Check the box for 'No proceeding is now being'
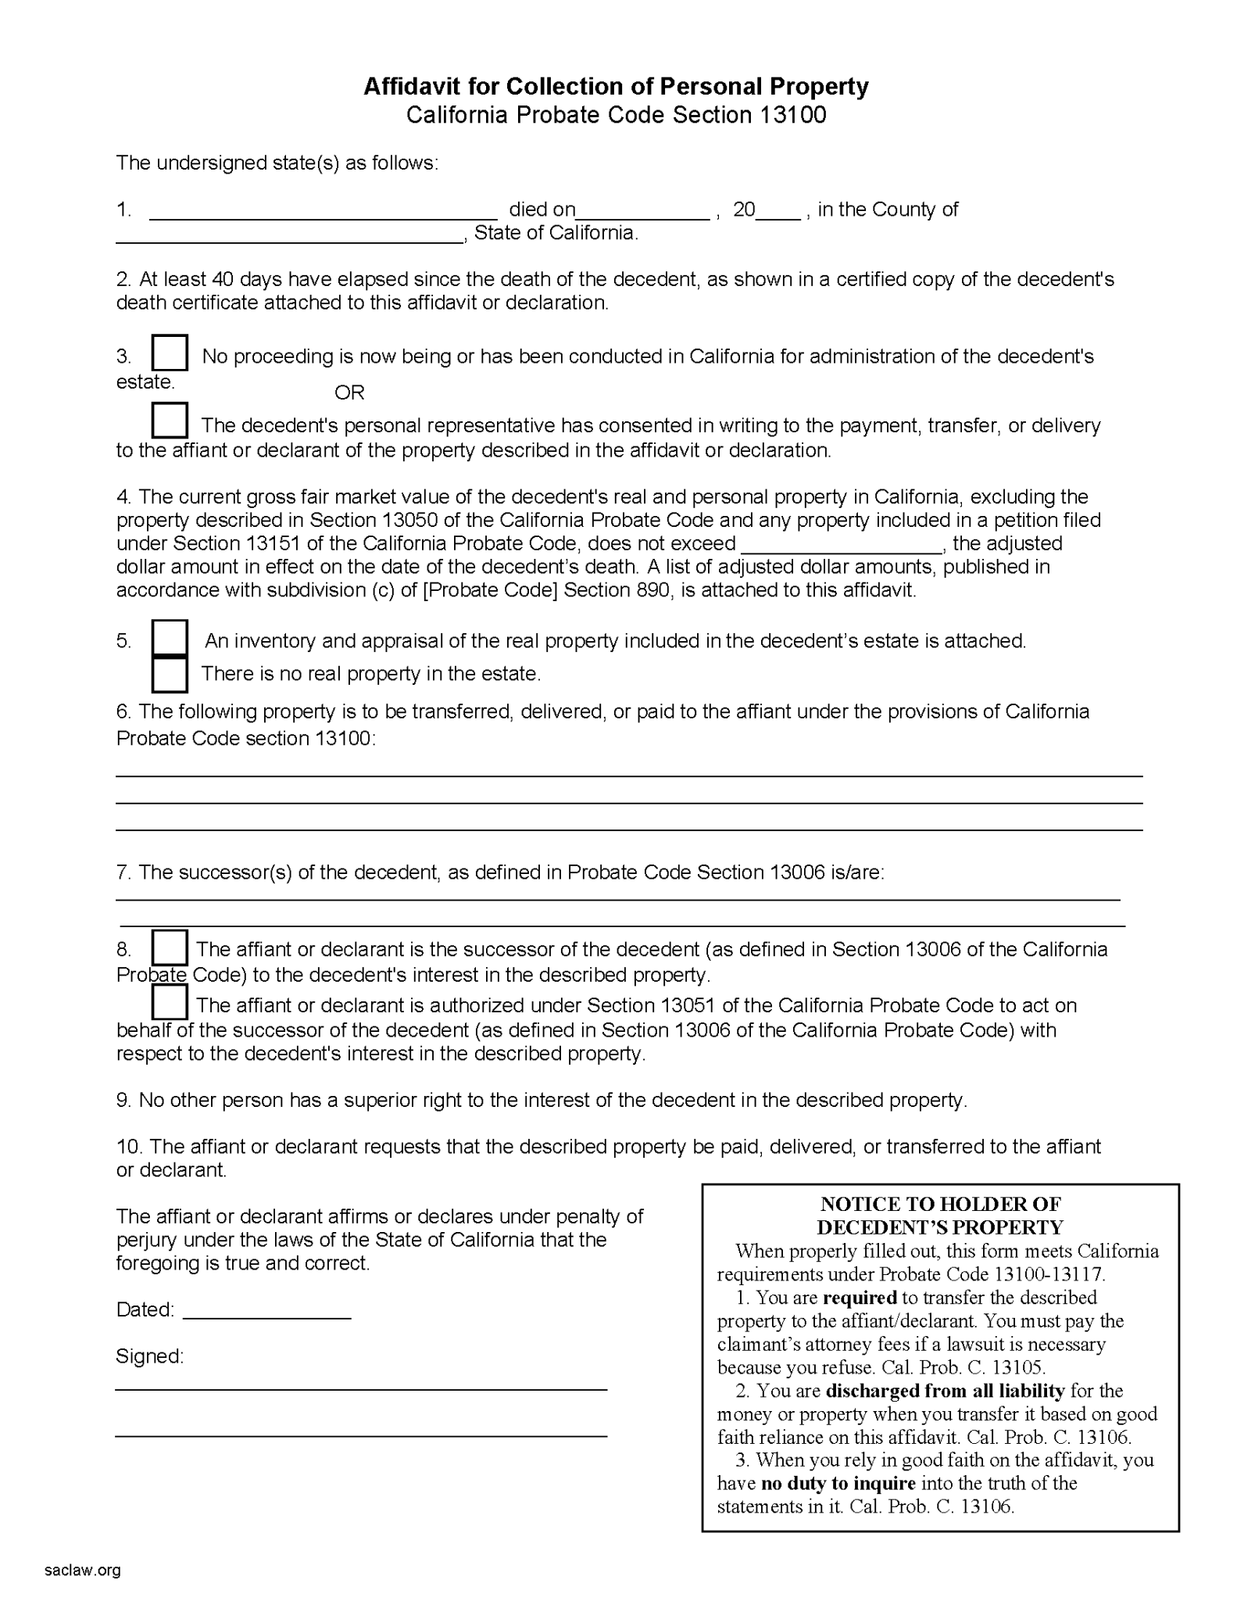170,353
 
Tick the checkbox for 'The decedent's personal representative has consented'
170,421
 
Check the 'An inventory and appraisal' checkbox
170,638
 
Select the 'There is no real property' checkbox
170,675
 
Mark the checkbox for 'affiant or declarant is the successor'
170,947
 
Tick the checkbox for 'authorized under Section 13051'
170,1002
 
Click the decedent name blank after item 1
323,211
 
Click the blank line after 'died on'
643,211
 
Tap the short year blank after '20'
778,211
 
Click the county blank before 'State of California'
289,235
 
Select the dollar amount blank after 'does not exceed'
842,545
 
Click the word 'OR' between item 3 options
349,392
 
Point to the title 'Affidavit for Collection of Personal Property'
616,86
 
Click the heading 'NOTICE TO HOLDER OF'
940,1205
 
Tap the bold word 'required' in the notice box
860,1298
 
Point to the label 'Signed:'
149,1356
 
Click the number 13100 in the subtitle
792,115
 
